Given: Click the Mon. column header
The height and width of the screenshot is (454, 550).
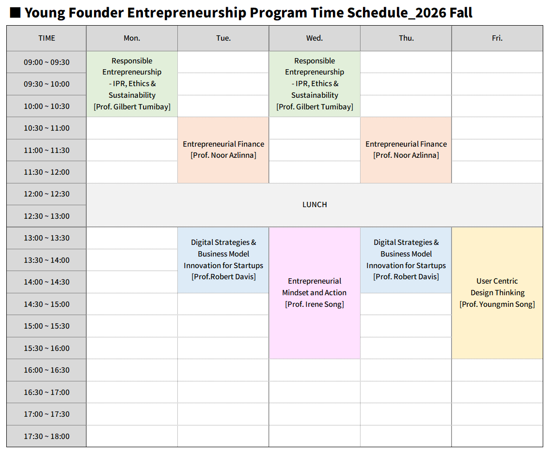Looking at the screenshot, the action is click(132, 38).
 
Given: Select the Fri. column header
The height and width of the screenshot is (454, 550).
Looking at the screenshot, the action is click(497, 38).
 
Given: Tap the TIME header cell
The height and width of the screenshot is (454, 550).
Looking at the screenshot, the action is click(47, 38).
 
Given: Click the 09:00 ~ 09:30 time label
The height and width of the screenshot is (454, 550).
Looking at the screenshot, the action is click(47, 62).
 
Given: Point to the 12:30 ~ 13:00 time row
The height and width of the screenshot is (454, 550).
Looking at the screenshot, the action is click(47, 216).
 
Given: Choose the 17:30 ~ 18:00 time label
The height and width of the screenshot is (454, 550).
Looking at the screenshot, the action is click(47, 437).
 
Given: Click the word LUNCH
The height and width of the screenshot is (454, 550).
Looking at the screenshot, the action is click(314, 205).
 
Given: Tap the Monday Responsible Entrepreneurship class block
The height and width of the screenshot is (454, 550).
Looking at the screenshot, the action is click(132, 84).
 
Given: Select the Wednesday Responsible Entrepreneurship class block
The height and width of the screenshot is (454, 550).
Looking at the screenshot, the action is click(314, 84).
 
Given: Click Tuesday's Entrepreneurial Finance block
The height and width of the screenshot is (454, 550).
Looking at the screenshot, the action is click(223, 150).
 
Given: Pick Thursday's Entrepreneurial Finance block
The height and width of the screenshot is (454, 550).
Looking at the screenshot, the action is click(406, 150).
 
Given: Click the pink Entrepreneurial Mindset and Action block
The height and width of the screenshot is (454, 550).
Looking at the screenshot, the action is click(314, 293).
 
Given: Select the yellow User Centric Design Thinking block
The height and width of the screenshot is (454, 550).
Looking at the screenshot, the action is click(497, 293).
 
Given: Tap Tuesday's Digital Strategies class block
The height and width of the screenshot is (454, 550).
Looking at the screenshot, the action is click(223, 260).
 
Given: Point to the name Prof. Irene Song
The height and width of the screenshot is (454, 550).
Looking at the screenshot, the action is click(314, 304).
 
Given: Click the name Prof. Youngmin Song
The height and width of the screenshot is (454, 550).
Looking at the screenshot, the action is click(497, 304).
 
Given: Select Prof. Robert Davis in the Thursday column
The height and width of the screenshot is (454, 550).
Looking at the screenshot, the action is click(406, 277).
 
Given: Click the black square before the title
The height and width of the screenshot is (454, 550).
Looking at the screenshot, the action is click(15, 13).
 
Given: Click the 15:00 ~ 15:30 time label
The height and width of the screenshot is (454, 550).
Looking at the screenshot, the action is click(47, 326).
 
